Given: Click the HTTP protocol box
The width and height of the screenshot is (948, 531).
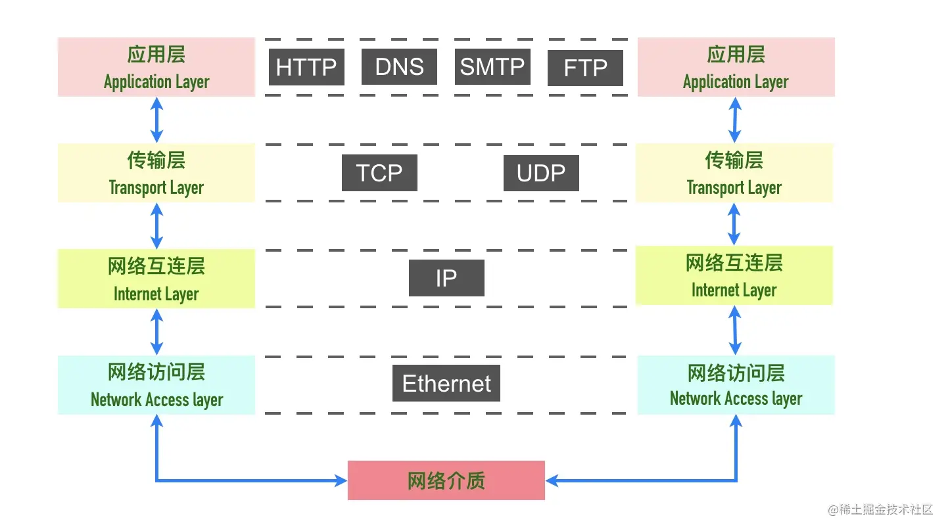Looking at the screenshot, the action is (x=306, y=67).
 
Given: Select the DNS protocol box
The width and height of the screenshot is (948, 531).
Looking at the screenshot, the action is (x=399, y=66).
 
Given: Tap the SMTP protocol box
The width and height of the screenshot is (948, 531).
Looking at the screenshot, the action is (x=492, y=66).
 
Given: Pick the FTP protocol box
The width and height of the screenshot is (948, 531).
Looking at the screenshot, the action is (x=585, y=68).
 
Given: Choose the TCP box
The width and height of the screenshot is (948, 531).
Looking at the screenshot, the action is (x=379, y=173).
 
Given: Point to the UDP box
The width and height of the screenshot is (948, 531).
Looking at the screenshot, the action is (x=541, y=173).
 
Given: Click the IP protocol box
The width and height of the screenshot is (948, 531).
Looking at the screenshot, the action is (x=446, y=278).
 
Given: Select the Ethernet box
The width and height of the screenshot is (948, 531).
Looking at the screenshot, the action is (x=446, y=383).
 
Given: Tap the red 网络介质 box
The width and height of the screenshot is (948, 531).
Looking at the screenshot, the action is (x=446, y=480).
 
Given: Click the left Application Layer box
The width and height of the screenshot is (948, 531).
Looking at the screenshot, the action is (x=156, y=67).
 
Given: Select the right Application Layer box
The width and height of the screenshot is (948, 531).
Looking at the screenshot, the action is (x=736, y=67).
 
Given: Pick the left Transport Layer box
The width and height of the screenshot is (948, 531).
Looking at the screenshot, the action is (x=156, y=173).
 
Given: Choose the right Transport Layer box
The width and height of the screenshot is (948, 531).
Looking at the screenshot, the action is (x=734, y=173).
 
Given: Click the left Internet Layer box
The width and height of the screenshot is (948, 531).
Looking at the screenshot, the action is (x=156, y=279).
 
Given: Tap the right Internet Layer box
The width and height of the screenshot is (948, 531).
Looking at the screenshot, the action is (x=734, y=275).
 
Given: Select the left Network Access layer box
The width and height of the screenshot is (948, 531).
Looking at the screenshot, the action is (x=156, y=384).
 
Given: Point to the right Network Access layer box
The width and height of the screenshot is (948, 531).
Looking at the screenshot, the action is (x=736, y=384).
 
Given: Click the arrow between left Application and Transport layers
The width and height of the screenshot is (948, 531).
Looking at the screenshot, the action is (x=157, y=120).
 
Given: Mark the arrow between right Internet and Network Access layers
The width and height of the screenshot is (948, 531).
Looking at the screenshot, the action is (x=735, y=331).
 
